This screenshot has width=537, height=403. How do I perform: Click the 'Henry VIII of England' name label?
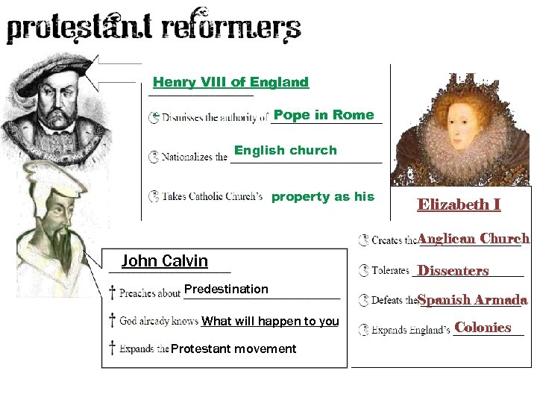click(230, 82)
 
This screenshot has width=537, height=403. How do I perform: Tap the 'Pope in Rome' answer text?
click(324, 114)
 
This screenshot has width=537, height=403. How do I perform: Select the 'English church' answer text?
click(286, 150)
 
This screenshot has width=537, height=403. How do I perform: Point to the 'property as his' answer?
click(323, 196)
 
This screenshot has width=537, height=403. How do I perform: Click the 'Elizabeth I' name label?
click(459, 204)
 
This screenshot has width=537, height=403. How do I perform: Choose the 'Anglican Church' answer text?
click(474, 239)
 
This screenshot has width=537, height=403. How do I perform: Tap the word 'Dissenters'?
click(453, 270)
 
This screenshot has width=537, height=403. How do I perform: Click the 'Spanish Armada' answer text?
click(473, 300)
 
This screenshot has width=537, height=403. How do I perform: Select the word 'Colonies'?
click(483, 327)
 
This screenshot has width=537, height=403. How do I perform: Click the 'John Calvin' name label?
click(165, 260)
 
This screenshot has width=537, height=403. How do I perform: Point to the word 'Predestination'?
click(226, 289)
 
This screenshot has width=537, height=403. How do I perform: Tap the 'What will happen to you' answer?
click(271, 321)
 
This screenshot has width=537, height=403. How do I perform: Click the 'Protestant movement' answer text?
click(233, 349)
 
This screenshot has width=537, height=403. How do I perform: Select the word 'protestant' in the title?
click(78, 29)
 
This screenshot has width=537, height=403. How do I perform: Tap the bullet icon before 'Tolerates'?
click(363, 270)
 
